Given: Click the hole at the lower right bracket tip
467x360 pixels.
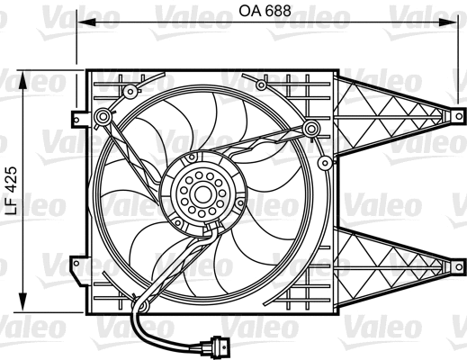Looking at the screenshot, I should click(458, 266).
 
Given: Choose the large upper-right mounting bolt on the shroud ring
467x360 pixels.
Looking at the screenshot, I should click(311, 128).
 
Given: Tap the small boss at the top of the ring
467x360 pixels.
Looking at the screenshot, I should click(261, 85).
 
